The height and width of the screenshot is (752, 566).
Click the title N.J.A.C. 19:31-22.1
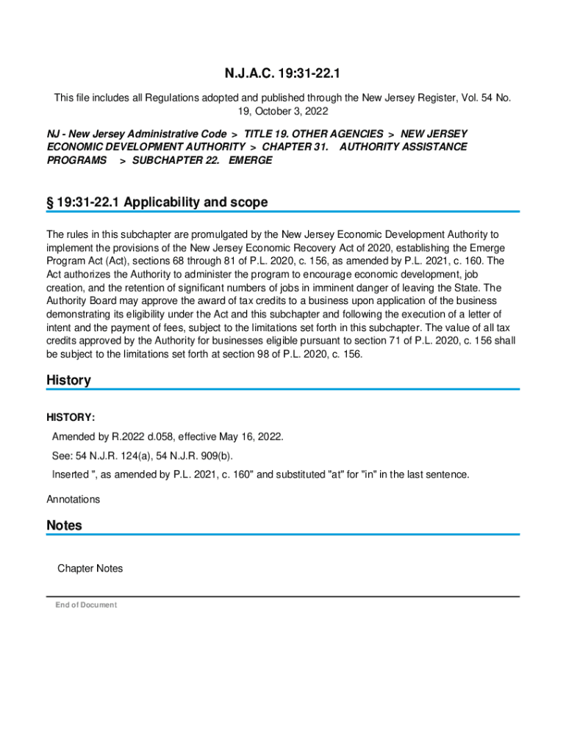[x=282, y=74]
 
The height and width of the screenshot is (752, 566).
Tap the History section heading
[x=68, y=380]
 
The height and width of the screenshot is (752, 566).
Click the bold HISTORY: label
[x=71, y=418]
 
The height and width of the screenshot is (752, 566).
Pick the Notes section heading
[x=64, y=525]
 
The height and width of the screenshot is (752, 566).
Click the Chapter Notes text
[x=90, y=568]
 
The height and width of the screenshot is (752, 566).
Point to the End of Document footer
[x=85, y=605]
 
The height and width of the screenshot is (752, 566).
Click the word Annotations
[x=73, y=499]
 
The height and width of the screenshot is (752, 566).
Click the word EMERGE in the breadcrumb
[x=250, y=160]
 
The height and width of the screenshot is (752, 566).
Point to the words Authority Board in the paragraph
[x=85, y=301]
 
